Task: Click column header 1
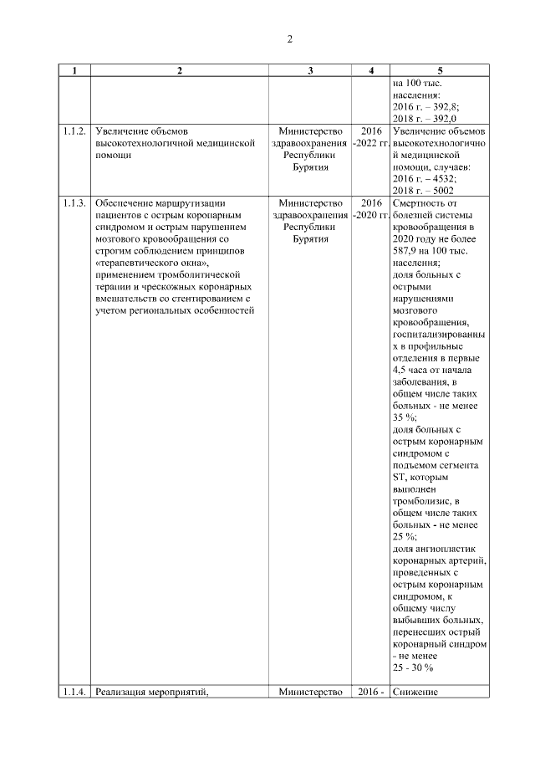pos(74,71)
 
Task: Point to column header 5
pos(439,71)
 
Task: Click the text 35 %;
pos(405,416)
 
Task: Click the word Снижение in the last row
pos(415,691)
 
